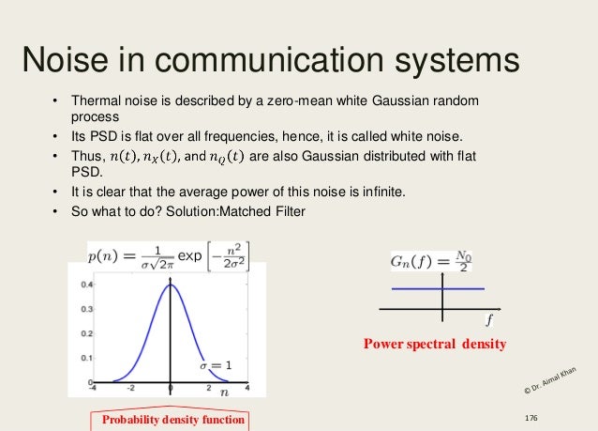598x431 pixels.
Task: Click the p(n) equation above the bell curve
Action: tap(168, 254)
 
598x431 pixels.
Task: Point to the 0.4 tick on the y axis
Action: tap(86, 283)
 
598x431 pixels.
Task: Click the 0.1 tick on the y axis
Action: tap(86, 360)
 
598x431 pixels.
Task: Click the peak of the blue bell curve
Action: tap(170, 284)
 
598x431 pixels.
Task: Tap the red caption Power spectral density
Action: tap(434, 345)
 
